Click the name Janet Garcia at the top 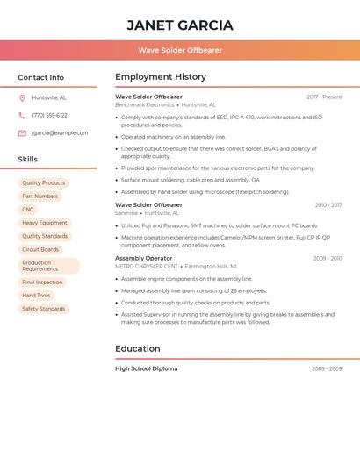coord(180,25)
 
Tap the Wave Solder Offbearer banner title coord(180,50)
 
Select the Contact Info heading coord(41,77)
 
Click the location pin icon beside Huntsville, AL coord(22,97)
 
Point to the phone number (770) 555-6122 coord(49,115)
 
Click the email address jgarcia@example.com coord(60,132)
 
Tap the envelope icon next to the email coord(22,133)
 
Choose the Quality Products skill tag coord(44,183)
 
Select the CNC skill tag coord(28,210)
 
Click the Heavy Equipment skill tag coord(45,223)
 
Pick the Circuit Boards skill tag coord(40,249)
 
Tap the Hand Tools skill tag coord(36,296)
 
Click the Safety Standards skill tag coord(44,309)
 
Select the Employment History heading coord(161,77)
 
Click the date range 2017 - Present coord(324,97)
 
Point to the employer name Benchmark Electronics coord(145,105)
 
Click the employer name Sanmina coord(126,213)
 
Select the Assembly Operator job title coord(143,259)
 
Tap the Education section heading coord(138,349)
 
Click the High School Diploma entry coord(146,368)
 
